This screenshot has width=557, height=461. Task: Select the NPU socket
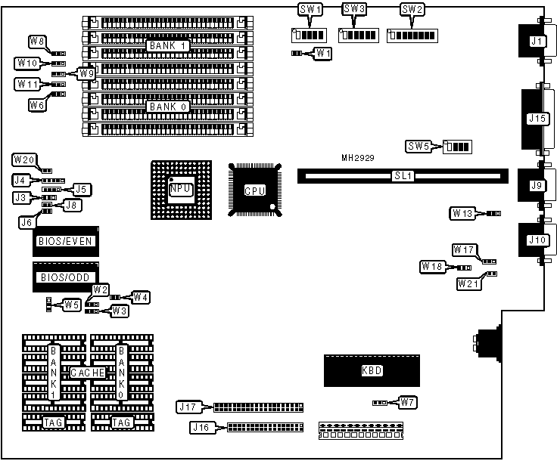[x=179, y=189]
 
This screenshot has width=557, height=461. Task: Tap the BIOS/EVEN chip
[x=64, y=242]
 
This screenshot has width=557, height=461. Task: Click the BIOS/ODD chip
[x=64, y=277]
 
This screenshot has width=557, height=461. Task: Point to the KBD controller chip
[x=371, y=370]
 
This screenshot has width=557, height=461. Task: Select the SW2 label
[x=412, y=10]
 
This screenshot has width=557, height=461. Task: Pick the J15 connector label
[x=537, y=118]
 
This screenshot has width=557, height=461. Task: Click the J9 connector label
[x=537, y=185]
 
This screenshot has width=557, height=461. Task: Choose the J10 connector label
[x=537, y=241]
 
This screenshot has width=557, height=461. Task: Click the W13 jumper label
[x=463, y=213]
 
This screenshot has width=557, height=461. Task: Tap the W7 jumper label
[x=407, y=401]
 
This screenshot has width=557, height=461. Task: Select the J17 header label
[x=187, y=407]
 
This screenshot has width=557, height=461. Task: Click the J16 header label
[x=201, y=428]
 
